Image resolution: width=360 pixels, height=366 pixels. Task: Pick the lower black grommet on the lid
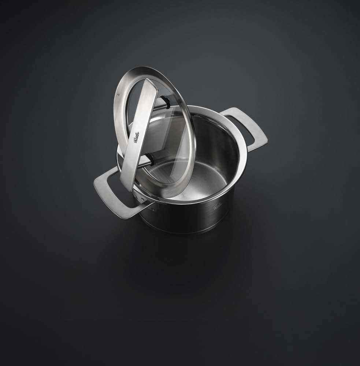[x=150, y=159]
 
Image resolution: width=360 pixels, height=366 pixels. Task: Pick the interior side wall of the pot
[x=220, y=146]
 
